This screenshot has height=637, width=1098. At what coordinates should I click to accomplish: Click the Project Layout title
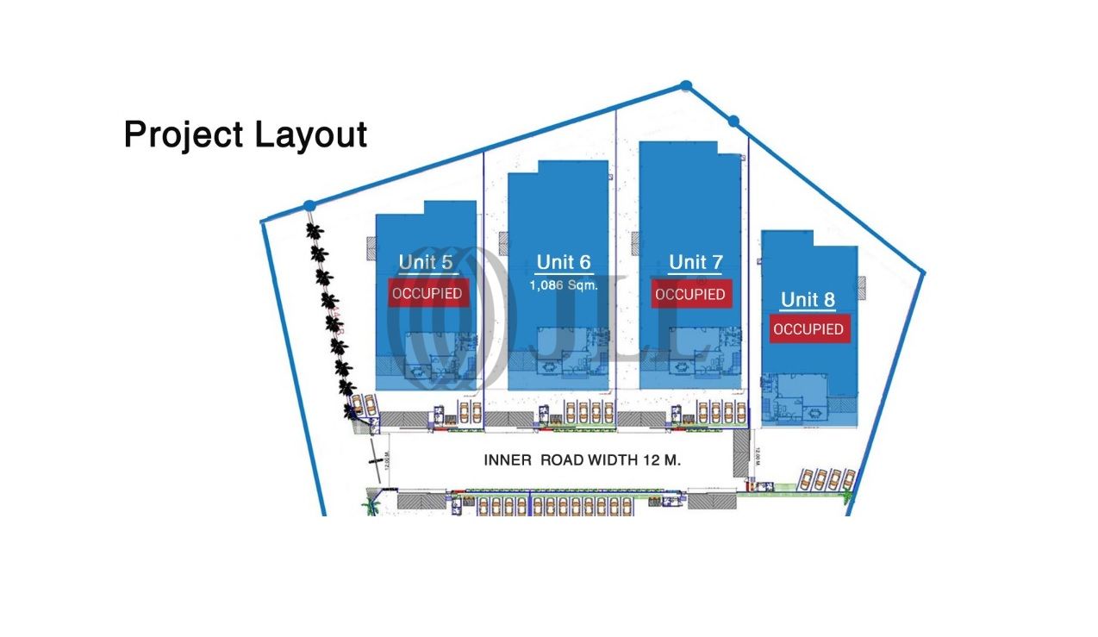click(x=246, y=135)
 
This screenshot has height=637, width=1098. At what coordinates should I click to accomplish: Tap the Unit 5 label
click(x=426, y=262)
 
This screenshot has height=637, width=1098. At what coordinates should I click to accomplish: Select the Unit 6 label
click(x=564, y=262)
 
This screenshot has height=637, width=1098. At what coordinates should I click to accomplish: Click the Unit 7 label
click(x=696, y=262)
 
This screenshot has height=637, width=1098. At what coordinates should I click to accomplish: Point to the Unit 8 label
click(x=808, y=300)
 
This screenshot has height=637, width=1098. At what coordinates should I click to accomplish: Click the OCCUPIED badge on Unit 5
click(x=427, y=294)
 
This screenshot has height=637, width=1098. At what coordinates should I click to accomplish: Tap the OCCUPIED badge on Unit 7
click(x=690, y=294)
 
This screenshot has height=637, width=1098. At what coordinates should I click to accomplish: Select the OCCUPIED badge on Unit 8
click(x=808, y=329)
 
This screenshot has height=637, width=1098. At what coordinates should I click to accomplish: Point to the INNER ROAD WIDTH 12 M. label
click(x=583, y=460)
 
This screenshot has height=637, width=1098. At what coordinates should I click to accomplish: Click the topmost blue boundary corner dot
click(x=685, y=85)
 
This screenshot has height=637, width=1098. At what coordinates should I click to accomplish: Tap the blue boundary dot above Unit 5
click(x=309, y=205)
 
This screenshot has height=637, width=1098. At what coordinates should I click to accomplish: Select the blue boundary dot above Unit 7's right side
click(x=733, y=122)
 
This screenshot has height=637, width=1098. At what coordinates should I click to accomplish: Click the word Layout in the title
click(x=311, y=135)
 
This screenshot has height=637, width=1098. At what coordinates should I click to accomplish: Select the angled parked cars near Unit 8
click(x=826, y=478)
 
